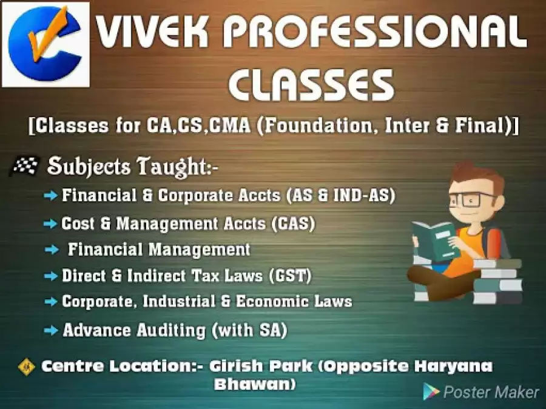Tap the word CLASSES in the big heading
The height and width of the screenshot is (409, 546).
tap(312, 84)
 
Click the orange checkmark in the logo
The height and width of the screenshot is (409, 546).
tap(48, 35)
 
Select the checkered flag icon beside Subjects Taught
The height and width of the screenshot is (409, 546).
tap(24, 165)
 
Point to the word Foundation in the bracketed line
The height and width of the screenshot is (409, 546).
tap(317, 125)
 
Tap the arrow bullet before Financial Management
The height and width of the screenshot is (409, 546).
tap(51, 250)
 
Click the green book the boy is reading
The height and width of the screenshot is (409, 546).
tap(435, 240)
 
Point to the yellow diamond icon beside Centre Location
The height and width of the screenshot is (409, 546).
tap(27, 367)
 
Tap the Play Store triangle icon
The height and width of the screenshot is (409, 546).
tap(431, 391)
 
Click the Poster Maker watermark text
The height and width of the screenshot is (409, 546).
tap(491, 392)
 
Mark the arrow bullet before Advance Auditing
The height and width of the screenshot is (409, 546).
tap(51, 330)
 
